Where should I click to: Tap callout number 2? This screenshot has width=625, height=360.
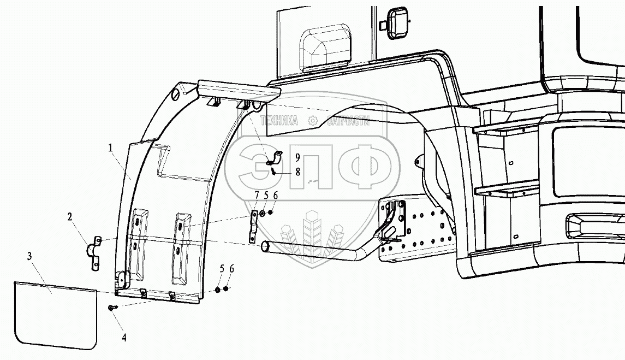click(x=70, y=216)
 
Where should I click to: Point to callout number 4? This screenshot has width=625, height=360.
click(x=124, y=338)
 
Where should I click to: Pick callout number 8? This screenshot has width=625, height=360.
click(x=298, y=171)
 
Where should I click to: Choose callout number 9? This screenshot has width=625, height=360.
click(x=298, y=157)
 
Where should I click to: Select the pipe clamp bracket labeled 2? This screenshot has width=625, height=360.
click(x=94, y=253)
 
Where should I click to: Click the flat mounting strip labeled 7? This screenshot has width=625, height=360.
click(x=253, y=227)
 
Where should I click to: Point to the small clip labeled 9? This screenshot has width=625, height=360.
click(x=275, y=158)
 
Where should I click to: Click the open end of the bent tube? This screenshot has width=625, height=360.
click(x=265, y=247)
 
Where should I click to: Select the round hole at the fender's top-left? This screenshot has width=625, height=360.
click(x=175, y=96)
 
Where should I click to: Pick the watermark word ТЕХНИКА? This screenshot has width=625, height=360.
click(x=279, y=121)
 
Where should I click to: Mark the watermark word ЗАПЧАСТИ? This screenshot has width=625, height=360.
click(x=348, y=121)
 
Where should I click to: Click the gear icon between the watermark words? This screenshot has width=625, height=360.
click(x=313, y=121)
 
